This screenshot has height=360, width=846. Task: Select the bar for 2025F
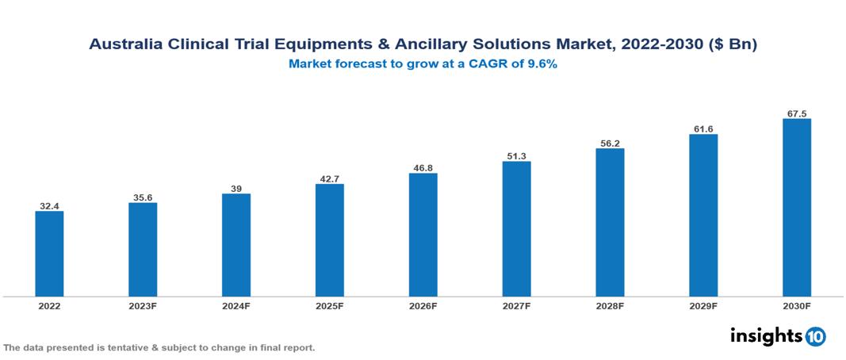(329, 240)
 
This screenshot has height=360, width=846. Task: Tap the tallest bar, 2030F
(796, 208)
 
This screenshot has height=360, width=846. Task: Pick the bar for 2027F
(516, 229)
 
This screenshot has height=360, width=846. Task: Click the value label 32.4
(49, 206)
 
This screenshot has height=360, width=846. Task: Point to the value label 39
(236, 189)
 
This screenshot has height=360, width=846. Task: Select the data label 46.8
(423, 168)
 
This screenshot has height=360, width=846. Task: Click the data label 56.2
(610, 144)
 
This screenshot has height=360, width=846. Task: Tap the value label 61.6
(703, 129)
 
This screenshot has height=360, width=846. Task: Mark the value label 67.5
(796, 113)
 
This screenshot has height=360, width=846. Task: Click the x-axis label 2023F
(143, 305)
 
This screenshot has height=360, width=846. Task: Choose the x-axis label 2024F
(236, 305)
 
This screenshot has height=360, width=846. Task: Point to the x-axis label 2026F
(423, 305)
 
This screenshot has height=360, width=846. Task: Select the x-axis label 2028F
(610, 305)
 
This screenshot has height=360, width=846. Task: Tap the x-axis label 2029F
(703, 305)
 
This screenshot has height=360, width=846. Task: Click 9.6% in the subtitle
(539, 64)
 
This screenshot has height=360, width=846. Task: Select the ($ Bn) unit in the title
(733, 45)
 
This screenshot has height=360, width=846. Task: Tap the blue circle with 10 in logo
(816, 336)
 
